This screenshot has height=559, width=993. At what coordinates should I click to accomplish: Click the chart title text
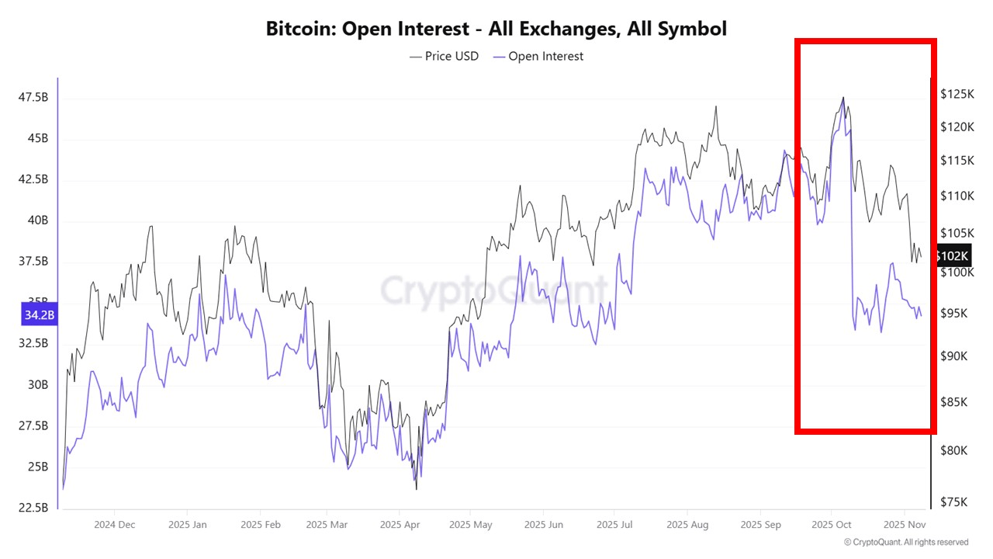click(496, 30)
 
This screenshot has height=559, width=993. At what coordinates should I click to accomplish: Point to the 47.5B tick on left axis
click(33, 97)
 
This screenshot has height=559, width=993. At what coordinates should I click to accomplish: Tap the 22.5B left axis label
click(33, 508)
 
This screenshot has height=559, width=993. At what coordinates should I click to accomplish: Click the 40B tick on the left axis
click(37, 220)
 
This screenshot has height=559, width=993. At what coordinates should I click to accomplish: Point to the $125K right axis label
click(956, 94)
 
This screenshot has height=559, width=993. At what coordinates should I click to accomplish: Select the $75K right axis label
click(953, 502)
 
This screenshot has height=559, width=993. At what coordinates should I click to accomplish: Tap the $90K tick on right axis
click(953, 356)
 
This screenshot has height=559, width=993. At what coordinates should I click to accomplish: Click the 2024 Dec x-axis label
click(115, 524)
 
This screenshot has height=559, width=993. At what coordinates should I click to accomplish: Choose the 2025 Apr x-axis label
click(400, 524)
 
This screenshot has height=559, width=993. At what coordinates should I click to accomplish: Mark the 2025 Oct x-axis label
click(831, 524)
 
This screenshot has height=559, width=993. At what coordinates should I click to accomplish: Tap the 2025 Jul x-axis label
click(614, 524)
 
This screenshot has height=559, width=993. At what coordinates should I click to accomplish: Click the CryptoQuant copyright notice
click(905, 542)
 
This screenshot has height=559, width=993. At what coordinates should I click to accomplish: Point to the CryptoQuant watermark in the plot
click(494, 291)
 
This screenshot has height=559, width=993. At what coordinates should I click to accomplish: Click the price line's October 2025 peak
click(843, 98)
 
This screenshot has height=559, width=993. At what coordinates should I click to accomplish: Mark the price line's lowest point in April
click(417, 489)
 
